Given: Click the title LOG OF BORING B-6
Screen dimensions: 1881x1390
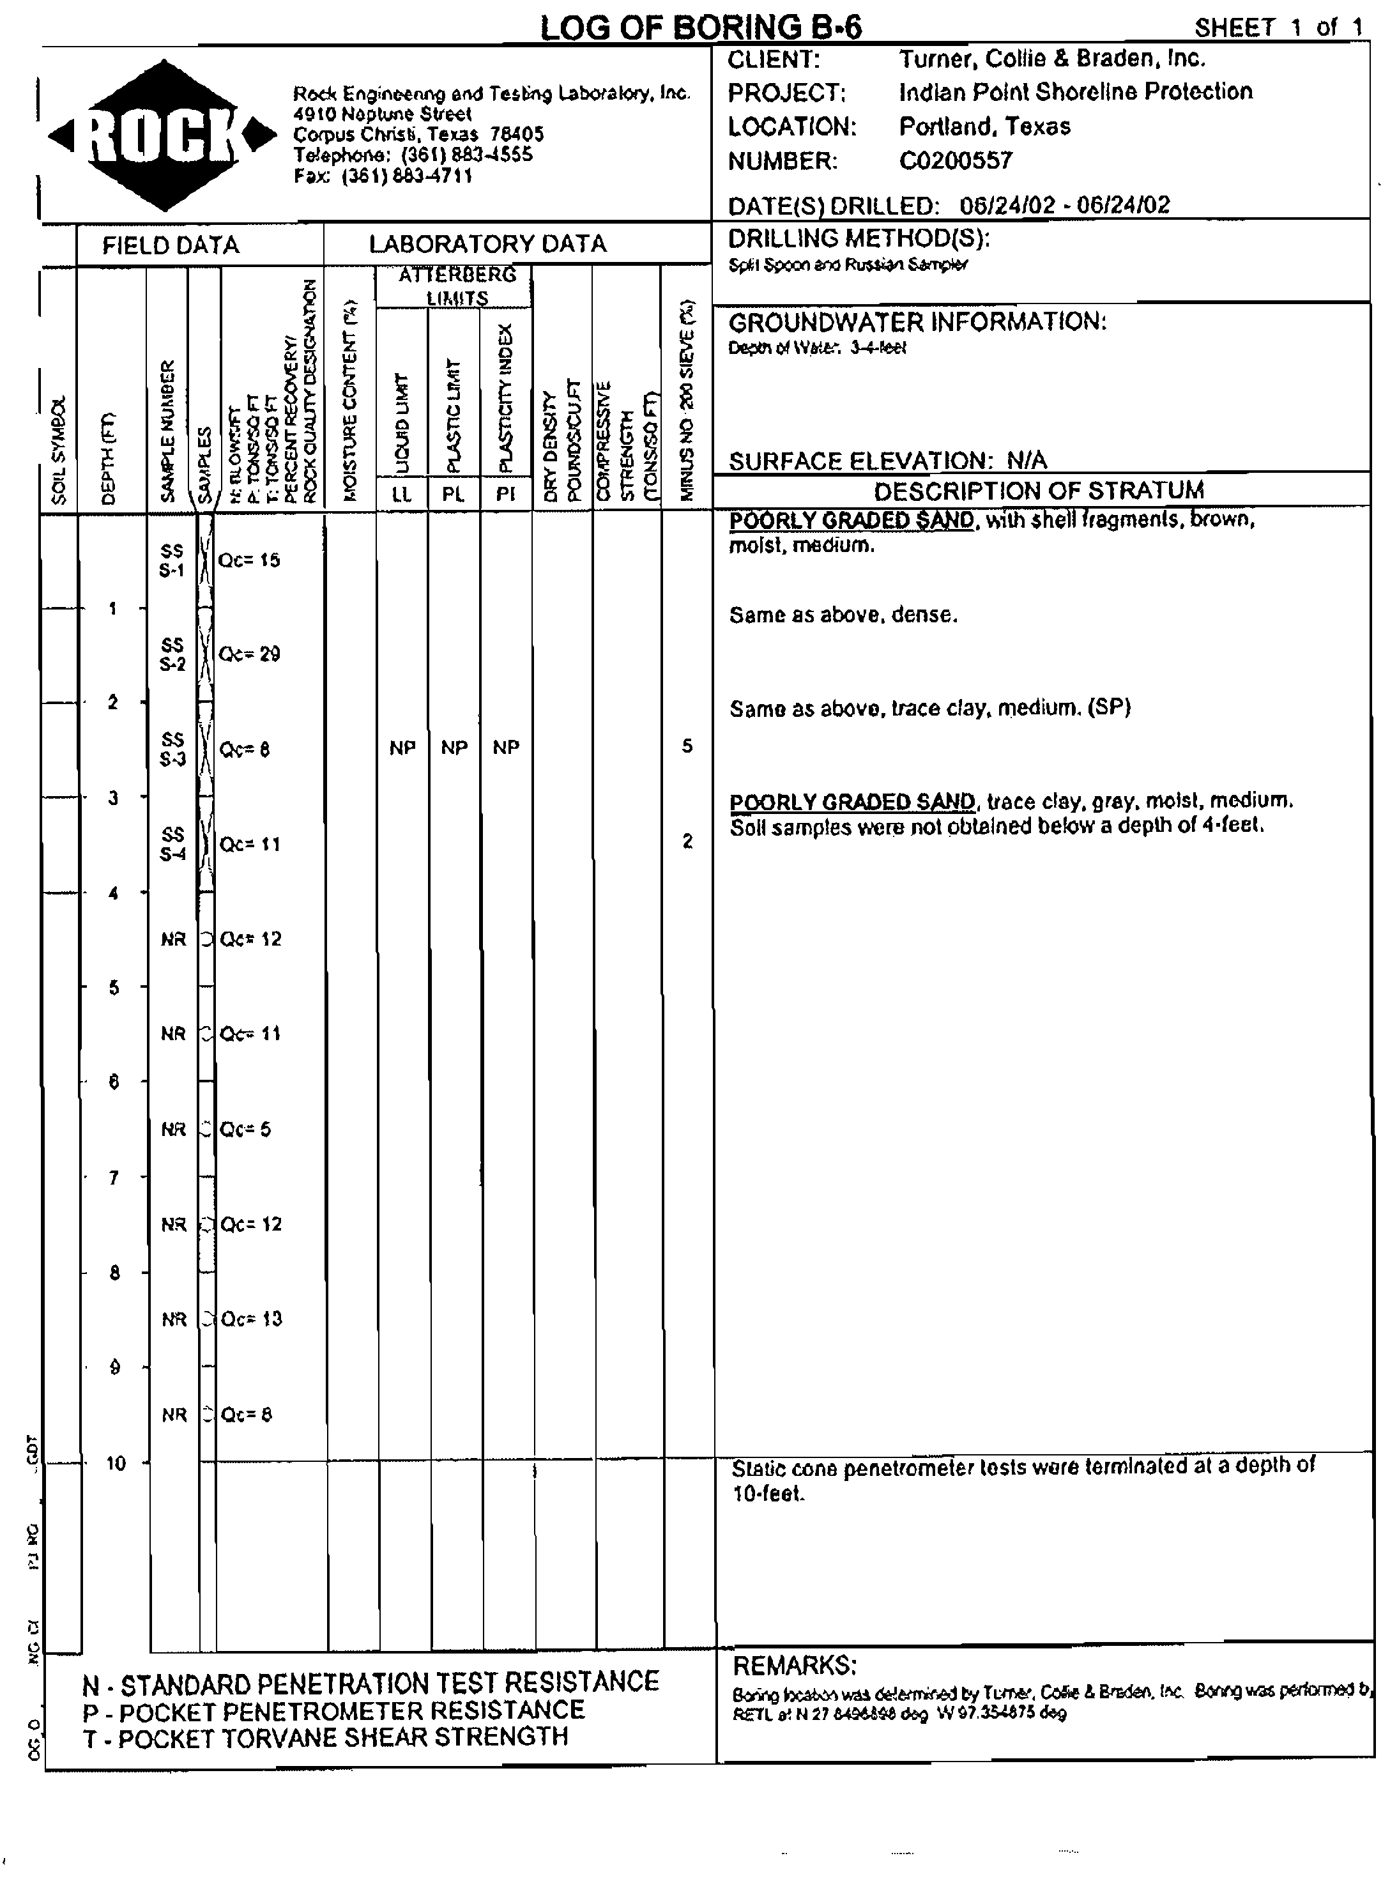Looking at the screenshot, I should coord(700,27).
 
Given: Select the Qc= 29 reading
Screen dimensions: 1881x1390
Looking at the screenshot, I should coord(249,654).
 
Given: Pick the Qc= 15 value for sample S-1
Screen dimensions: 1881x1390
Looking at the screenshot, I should coord(249,560).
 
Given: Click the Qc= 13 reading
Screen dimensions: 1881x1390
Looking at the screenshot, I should coord(251,1319).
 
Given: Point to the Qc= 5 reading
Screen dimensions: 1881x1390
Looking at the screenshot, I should coord(246,1130).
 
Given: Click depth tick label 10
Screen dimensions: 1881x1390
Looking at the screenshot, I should coord(115,1463).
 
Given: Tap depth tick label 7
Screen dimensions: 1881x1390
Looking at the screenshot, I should coord(114,1178).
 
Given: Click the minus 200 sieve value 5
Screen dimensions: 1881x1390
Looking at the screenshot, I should coord(687,746).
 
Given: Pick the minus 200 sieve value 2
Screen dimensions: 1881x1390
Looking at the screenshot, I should coord(687,841).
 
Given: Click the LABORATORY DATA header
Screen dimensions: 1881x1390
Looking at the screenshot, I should coord(487,244).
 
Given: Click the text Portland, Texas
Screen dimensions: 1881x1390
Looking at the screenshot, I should coord(984,127).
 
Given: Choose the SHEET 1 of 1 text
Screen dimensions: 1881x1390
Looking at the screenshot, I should coord(1277,27).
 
